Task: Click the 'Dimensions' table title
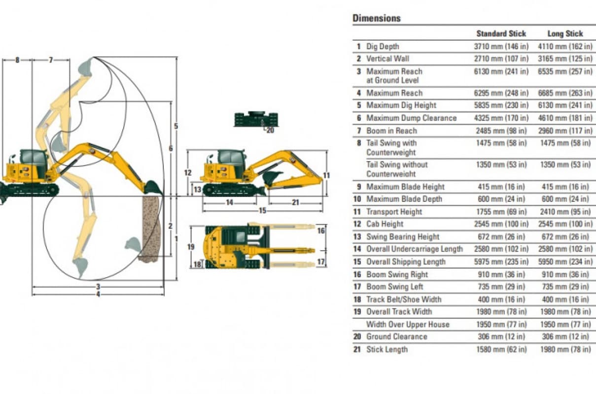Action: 377,18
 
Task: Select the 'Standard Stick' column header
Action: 501,33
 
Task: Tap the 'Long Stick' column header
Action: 565,33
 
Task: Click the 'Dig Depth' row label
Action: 383,46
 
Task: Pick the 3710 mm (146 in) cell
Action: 501,46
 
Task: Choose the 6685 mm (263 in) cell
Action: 565,93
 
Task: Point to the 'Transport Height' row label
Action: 394,212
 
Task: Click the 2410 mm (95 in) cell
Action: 565,212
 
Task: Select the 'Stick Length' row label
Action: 387,349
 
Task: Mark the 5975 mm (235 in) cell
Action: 501,262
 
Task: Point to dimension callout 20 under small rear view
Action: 270,131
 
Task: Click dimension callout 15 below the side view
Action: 262,210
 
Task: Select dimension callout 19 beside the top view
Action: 191,246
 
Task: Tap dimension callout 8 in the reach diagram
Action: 17,60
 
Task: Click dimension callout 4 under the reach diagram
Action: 98,294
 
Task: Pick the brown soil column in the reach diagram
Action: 150,227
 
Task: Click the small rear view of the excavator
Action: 256,119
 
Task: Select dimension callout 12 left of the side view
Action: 187,172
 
